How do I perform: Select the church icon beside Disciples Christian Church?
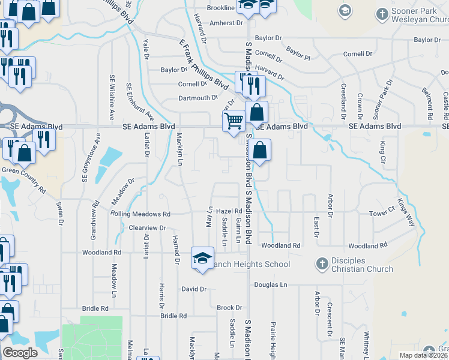(322, 263)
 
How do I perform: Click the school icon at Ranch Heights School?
(202, 258)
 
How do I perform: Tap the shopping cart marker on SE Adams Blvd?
(234, 121)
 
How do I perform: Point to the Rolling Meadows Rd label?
(140, 214)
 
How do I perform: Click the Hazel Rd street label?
(229, 211)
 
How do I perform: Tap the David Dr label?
(194, 289)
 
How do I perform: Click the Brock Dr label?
(229, 308)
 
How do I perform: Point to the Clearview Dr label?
(147, 228)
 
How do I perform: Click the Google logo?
(20, 352)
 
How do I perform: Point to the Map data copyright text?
(423, 355)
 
